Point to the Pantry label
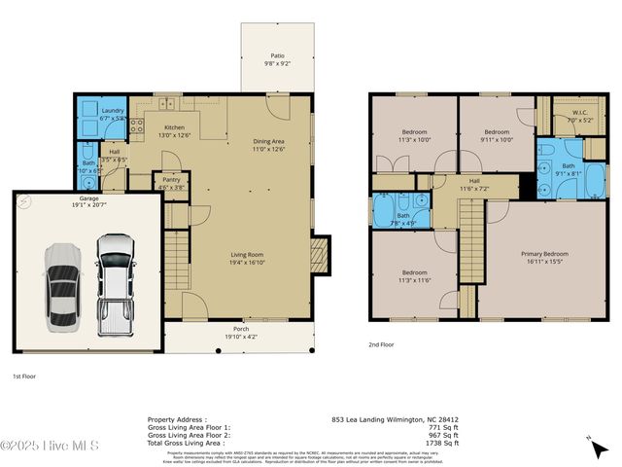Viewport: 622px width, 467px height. [170, 183]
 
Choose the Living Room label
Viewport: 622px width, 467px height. [247, 258]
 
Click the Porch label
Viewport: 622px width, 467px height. [240, 333]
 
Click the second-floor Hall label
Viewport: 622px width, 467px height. [474, 183]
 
